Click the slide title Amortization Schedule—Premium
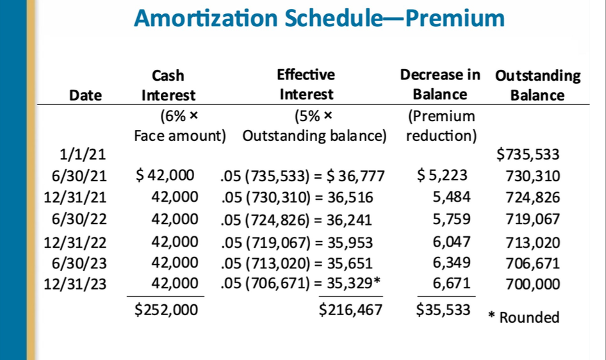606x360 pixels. click(x=319, y=19)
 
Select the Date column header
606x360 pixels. click(x=85, y=95)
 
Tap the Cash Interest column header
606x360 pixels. click(x=168, y=85)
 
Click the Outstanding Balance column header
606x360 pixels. click(x=537, y=85)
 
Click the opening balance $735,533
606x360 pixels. click(x=528, y=154)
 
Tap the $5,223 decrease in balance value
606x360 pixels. click(x=442, y=176)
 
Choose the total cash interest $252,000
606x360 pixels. click(x=166, y=311)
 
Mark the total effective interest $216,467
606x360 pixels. click(x=350, y=311)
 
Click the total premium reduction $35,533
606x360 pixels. click(x=443, y=311)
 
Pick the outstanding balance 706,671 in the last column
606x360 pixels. click(x=533, y=263)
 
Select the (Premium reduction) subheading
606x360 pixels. click(x=441, y=126)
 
